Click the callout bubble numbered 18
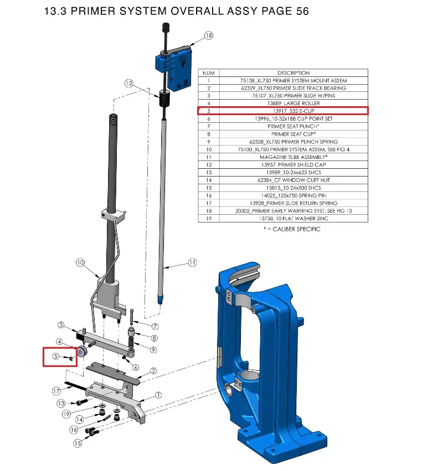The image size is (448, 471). pyautogui.click(x=209, y=35)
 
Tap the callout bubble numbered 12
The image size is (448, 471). pyautogui.click(x=128, y=83)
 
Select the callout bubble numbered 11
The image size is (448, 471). pyautogui.click(x=192, y=262)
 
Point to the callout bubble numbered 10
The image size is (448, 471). pyautogui.click(x=80, y=262)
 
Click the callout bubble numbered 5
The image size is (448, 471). pyautogui.click(x=56, y=356)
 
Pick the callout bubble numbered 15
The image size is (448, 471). pyautogui.click(x=78, y=443)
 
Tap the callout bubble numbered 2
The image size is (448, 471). pyautogui.click(x=153, y=371)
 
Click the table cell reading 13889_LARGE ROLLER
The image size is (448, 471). pyautogui.click(x=293, y=103)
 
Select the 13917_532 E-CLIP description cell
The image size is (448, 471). pyautogui.click(x=293, y=111)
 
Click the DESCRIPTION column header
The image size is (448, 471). pyautogui.click(x=293, y=73)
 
